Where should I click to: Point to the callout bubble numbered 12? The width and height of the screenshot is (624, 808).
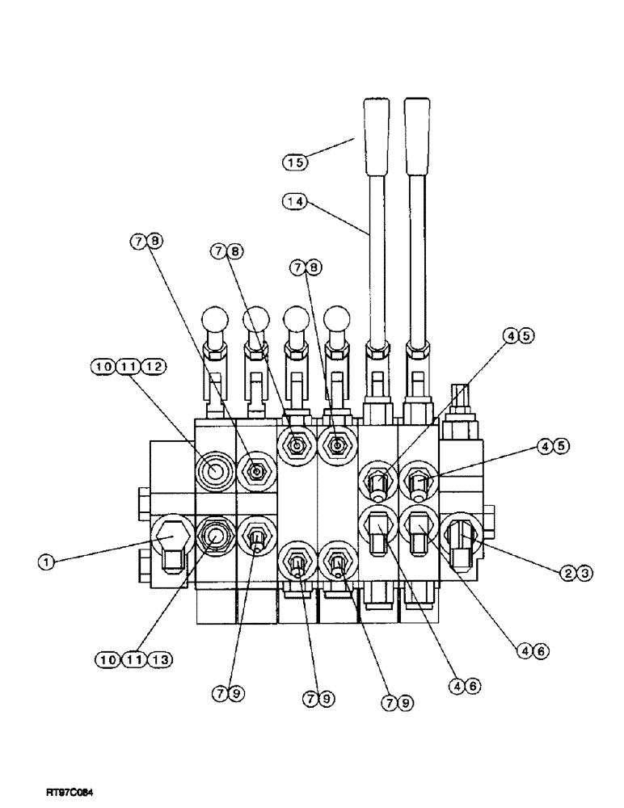coord(154,366)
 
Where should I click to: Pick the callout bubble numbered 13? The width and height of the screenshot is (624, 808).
coord(154,660)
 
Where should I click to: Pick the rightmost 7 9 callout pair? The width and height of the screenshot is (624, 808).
coord(396,704)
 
